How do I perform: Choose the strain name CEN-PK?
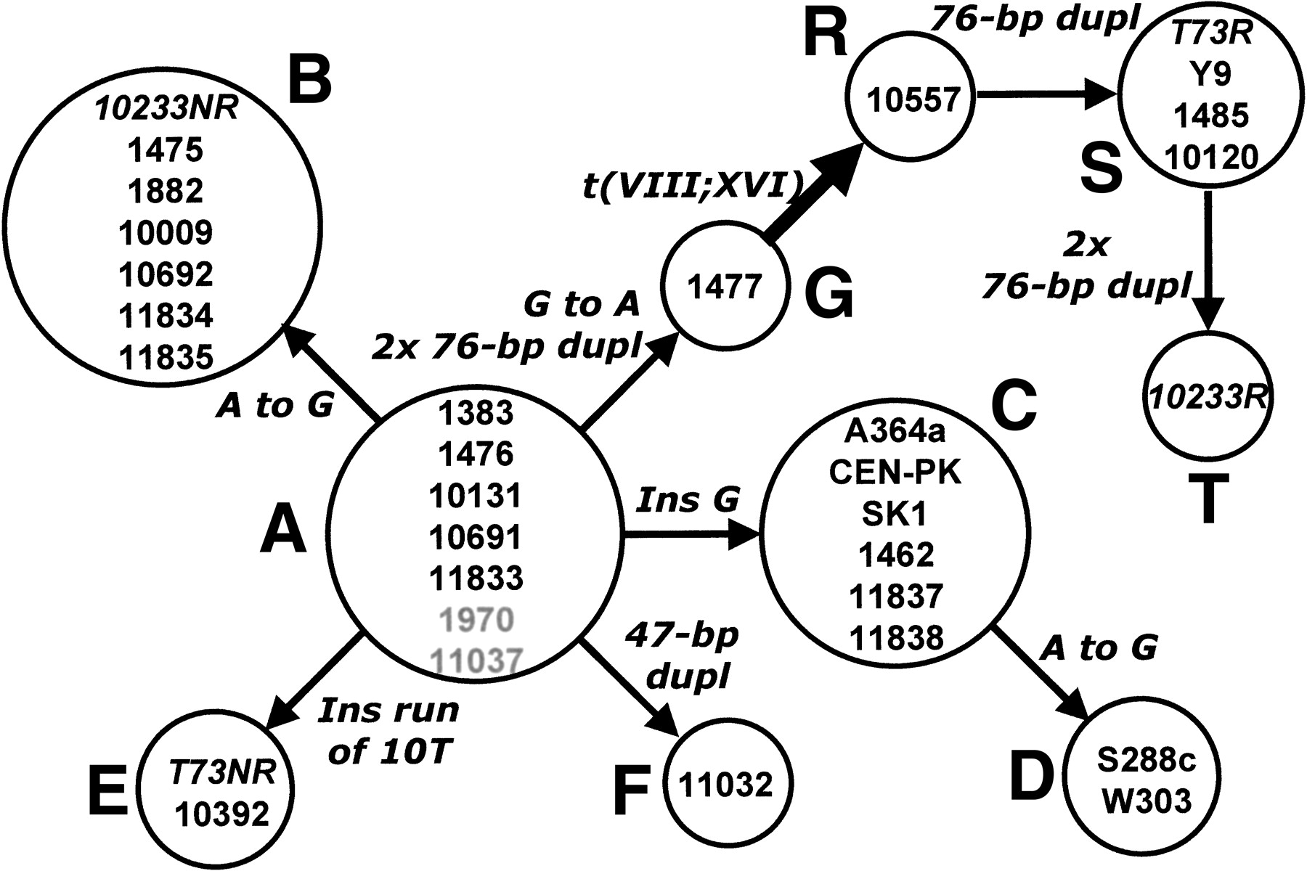click(895, 473)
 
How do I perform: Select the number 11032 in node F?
click(726, 785)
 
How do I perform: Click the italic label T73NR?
click(223, 774)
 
